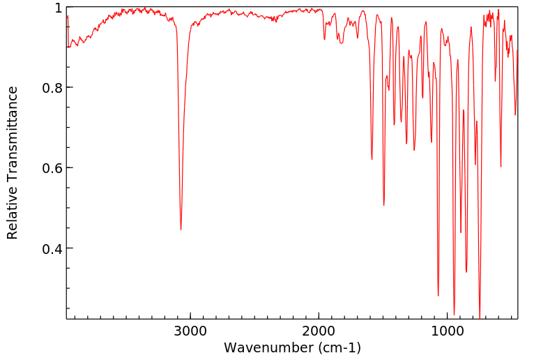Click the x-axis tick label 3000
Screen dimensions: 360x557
coord(190,331)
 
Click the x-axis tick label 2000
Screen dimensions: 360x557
coord(319,331)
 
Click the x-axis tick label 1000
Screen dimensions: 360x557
coord(448,331)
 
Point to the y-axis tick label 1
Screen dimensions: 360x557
coord(59,8)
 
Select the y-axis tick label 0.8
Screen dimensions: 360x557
coord(52,88)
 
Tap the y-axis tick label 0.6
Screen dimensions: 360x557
coord(52,168)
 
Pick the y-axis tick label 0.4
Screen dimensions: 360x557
coord(52,249)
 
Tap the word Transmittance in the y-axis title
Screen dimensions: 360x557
coord(13,132)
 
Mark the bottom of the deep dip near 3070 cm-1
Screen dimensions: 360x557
coord(181,230)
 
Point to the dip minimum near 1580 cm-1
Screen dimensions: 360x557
coord(372,159)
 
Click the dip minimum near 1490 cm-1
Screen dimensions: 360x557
coord(383,205)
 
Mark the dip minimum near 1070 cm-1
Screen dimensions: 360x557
coord(438,296)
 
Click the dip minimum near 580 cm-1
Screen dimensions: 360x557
coord(501,167)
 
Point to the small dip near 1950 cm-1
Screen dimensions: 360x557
coord(324,39)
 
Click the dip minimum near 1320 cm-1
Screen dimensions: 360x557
coord(406,144)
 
